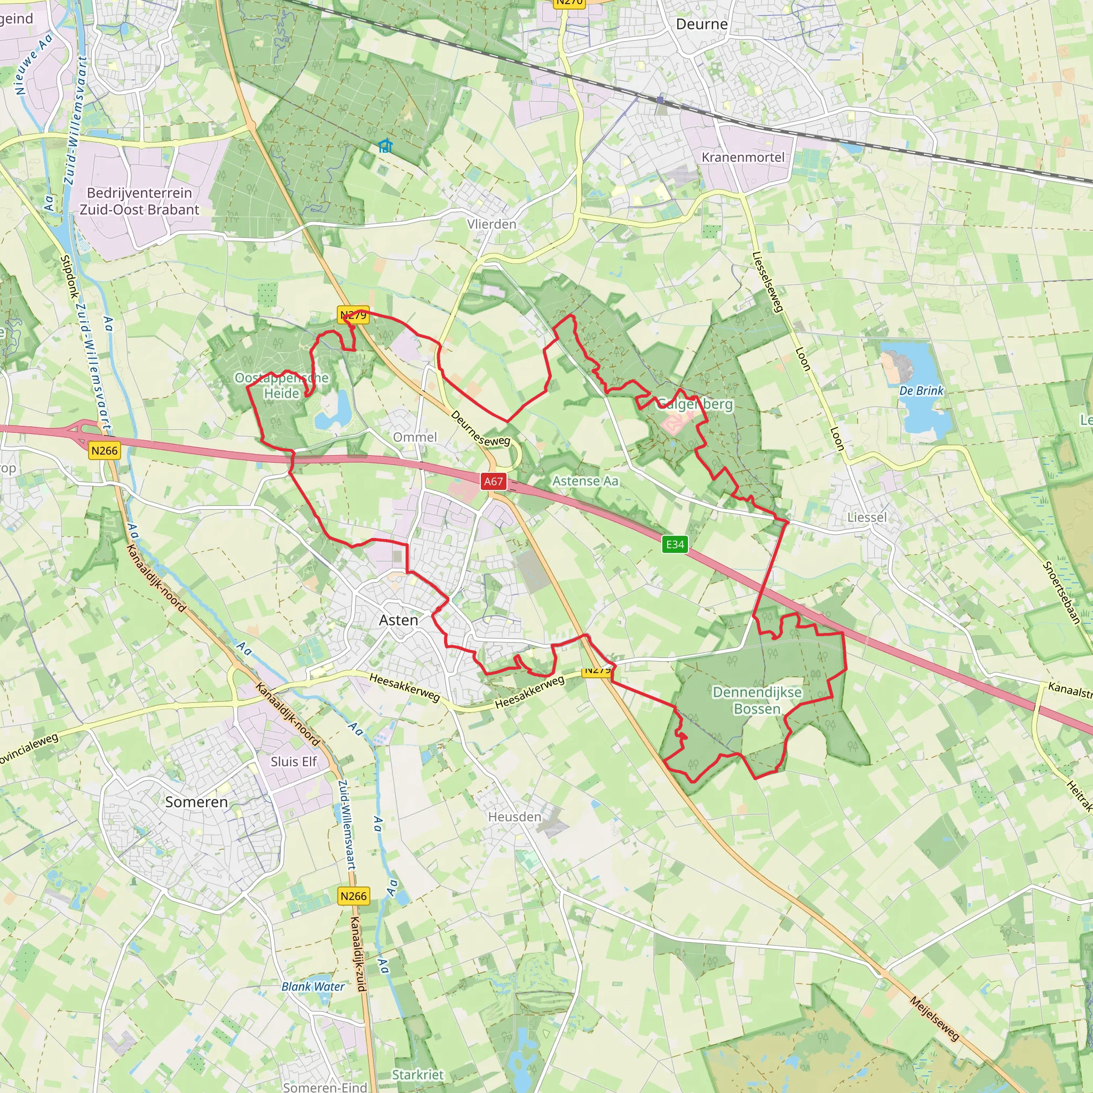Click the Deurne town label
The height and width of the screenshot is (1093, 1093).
click(x=701, y=25)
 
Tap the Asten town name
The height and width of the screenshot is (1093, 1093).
click(x=398, y=621)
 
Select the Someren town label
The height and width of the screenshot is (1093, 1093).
click(x=196, y=802)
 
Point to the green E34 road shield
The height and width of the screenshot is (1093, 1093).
click(x=675, y=544)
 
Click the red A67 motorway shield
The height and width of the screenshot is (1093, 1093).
click(x=493, y=481)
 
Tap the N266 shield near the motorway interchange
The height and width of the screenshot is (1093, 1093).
click(x=104, y=451)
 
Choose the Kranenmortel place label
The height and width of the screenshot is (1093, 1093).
click(x=743, y=157)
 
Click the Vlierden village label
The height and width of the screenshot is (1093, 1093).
click(x=492, y=225)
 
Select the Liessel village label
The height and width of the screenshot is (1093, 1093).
click(x=867, y=518)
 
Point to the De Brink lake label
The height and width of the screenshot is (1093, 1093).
click(x=921, y=391)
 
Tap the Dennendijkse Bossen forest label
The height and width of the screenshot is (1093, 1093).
click(x=757, y=700)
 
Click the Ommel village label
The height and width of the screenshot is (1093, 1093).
click(x=415, y=437)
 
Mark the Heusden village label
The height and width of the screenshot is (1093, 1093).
click(x=515, y=817)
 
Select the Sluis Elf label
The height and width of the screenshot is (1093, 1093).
click(x=293, y=762)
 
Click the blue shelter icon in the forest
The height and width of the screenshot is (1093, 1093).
click(x=385, y=146)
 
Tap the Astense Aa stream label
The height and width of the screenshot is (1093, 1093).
click(x=585, y=481)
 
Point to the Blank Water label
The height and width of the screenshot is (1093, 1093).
click(x=313, y=987)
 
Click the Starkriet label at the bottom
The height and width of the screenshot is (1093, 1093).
click(x=417, y=1075)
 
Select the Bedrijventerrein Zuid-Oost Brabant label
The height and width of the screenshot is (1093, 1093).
click(x=139, y=201)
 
